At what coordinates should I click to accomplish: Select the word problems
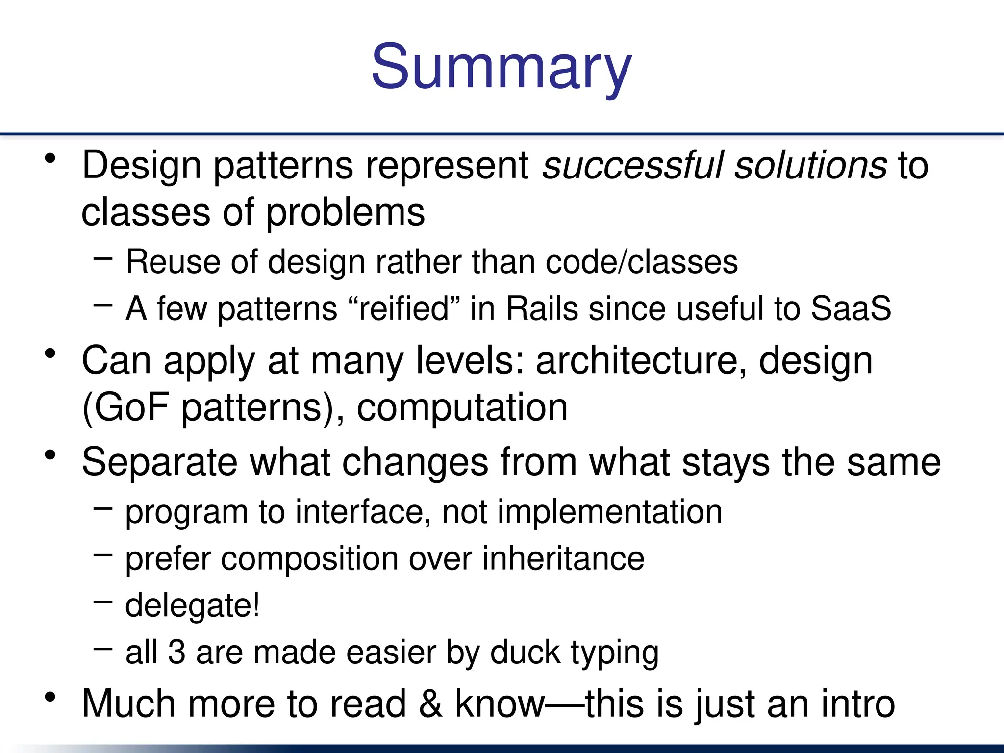coord(346,213)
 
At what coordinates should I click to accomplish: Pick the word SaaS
coord(851,308)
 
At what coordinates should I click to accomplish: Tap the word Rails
coord(542,308)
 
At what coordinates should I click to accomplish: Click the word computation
coord(462,408)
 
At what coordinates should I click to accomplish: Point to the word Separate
coord(159,462)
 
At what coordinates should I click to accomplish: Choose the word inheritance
coord(563,558)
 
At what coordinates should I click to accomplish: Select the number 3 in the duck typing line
coord(176,653)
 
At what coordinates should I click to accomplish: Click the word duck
coord(525,653)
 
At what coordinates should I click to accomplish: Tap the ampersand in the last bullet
coord(430,704)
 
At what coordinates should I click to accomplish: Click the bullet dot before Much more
coord(50,697)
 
